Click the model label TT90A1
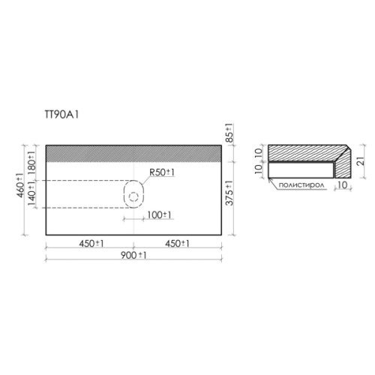(x=61, y=115)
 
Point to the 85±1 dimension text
(x=229, y=133)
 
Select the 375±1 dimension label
(x=229, y=193)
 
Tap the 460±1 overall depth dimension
(x=21, y=185)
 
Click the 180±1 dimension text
(x=32, y=163)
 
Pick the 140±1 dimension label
(x=32, y=193)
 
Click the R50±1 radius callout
(x=162, y=172)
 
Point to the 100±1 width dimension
(x=160, y=214)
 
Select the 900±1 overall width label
(x=133, y=255)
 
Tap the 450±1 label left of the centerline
(x=91, y=244)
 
